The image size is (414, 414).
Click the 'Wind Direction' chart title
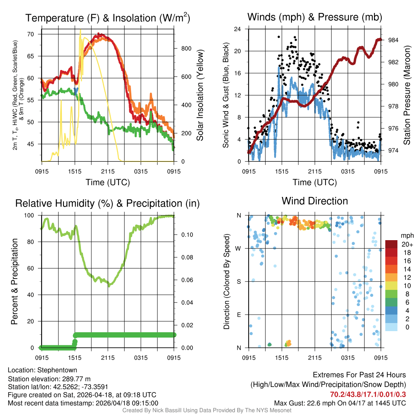[315, 201]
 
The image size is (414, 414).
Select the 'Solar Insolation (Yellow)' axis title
[200, 95]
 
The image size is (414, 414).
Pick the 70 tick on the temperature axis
[31, 34]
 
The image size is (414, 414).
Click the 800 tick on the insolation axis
[186, 48]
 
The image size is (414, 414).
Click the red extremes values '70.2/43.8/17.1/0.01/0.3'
[368, 395]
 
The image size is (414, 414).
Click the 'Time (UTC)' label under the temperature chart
[108, 182]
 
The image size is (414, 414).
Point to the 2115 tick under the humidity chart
[108, 358]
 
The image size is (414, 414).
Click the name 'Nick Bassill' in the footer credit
[166, 410]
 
